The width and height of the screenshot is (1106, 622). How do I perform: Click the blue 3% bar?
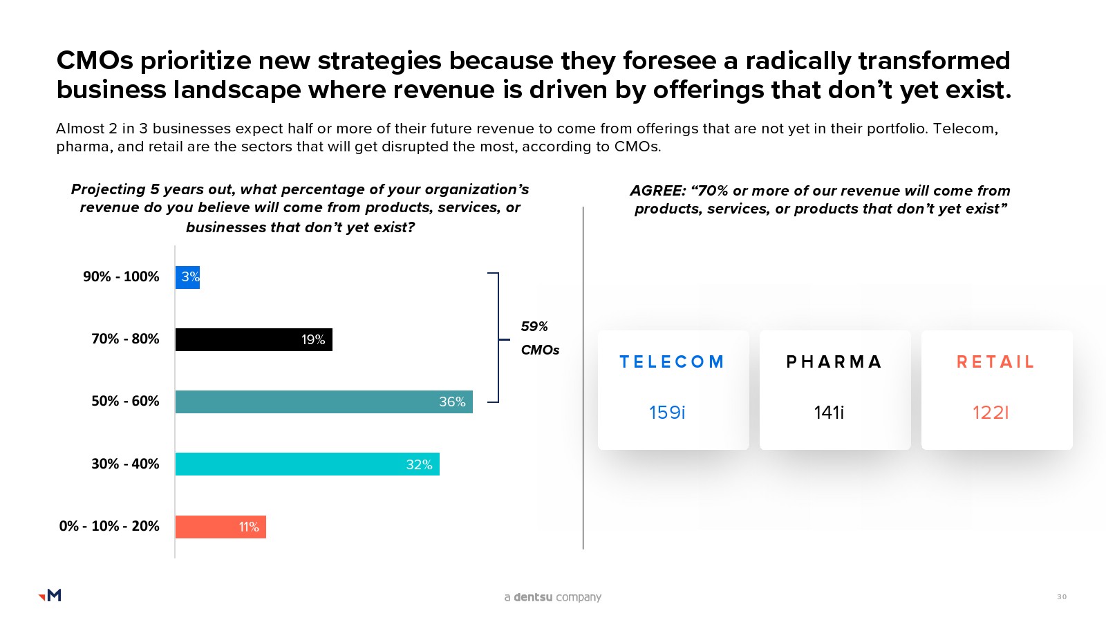187,277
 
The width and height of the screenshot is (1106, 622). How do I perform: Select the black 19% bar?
254,339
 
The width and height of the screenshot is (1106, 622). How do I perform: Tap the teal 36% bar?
324,402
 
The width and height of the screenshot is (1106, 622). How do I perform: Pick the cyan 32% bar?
307,464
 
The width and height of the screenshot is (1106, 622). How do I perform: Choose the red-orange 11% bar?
221,527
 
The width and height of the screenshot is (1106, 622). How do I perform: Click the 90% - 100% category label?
121,276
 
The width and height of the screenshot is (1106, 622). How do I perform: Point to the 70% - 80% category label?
125,339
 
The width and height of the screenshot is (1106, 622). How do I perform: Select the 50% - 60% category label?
125,401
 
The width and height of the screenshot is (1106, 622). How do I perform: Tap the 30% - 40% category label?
125,464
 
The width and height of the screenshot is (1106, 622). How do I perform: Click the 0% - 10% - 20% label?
109,526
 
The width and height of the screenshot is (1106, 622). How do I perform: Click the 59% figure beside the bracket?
534,326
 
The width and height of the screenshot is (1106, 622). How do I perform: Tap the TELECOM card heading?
672,362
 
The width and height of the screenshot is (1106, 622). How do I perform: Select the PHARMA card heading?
834,362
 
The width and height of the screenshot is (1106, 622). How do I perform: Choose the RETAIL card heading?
996,362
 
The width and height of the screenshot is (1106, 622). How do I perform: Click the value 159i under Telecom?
667,413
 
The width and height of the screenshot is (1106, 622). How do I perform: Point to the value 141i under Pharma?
829,413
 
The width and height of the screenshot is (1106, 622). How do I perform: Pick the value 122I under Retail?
991,413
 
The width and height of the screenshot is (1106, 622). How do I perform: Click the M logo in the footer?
50,595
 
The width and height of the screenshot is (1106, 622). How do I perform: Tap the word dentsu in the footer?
533,597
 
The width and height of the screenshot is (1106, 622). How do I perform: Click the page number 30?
1062,596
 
